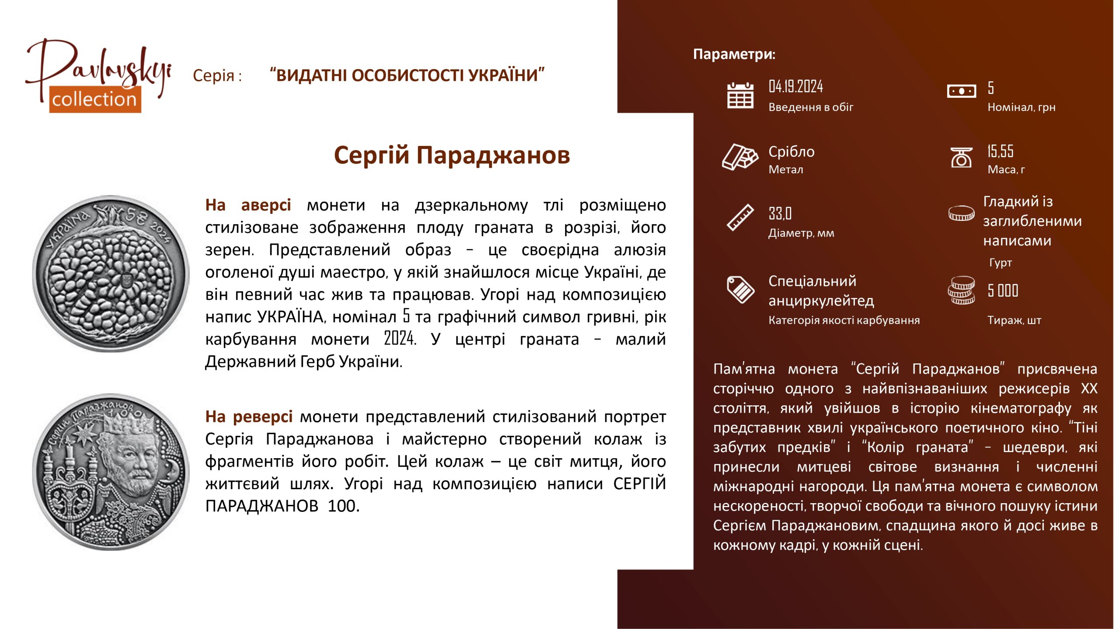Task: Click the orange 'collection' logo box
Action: pos(95,99)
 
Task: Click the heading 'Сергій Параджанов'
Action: pos(452,156)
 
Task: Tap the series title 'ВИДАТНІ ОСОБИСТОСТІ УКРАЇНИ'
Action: pos(407,75)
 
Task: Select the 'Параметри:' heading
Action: pos(734,54)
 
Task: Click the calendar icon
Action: pos(740,95)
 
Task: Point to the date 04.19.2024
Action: pos(796,86)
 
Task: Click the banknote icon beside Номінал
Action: pos(961,91)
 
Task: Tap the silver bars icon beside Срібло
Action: pos(740,156)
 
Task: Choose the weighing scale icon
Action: pos(961,157)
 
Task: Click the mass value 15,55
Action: pos(1000,151)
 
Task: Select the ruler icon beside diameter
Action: pos(740,217)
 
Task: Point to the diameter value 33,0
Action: pos(780,214)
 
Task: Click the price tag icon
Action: pos(740,289)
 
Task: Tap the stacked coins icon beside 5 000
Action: pos(961,290)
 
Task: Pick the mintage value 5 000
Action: pos(1003,290)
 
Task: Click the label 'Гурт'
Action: pos(1001,263)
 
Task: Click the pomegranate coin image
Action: pos(111,273)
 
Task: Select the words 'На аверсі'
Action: pos(248,205)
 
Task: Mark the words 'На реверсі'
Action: pos(249,417)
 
